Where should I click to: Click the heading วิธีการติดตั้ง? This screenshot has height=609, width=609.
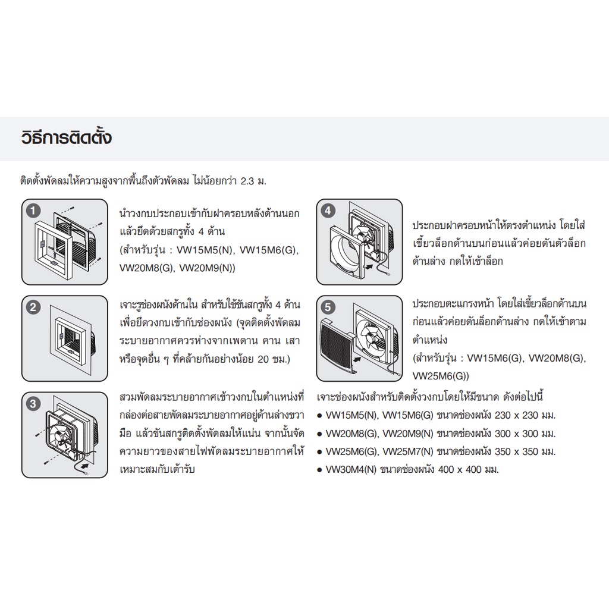click(67, 137)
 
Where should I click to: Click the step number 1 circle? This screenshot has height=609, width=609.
click(33, 211)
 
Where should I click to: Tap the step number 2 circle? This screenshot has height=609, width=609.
click(33, 307)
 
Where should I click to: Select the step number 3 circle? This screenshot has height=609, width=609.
click(33, 404)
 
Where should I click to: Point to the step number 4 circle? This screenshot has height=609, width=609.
click(328, 211)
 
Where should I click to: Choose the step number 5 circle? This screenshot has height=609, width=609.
click(328, 307)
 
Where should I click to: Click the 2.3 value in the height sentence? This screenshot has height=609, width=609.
click(248, 181)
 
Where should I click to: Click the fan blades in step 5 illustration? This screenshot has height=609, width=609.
click(371, 338)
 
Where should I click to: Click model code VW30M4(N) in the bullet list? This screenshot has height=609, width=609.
click(351, 470)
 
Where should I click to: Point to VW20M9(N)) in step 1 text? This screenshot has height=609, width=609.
click(207, 268)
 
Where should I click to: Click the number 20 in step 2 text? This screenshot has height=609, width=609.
click(263, 359)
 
